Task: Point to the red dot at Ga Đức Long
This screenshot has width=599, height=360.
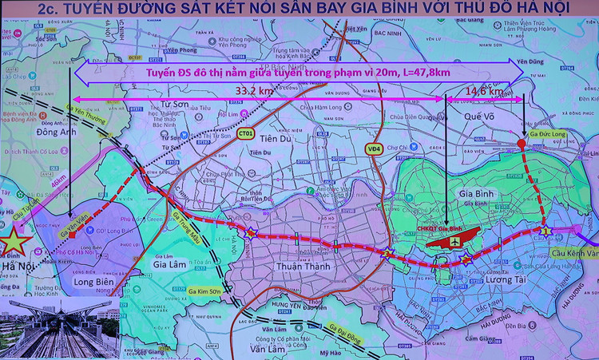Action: click(521, 144)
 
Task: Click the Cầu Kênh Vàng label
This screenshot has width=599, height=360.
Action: click(574, 252)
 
